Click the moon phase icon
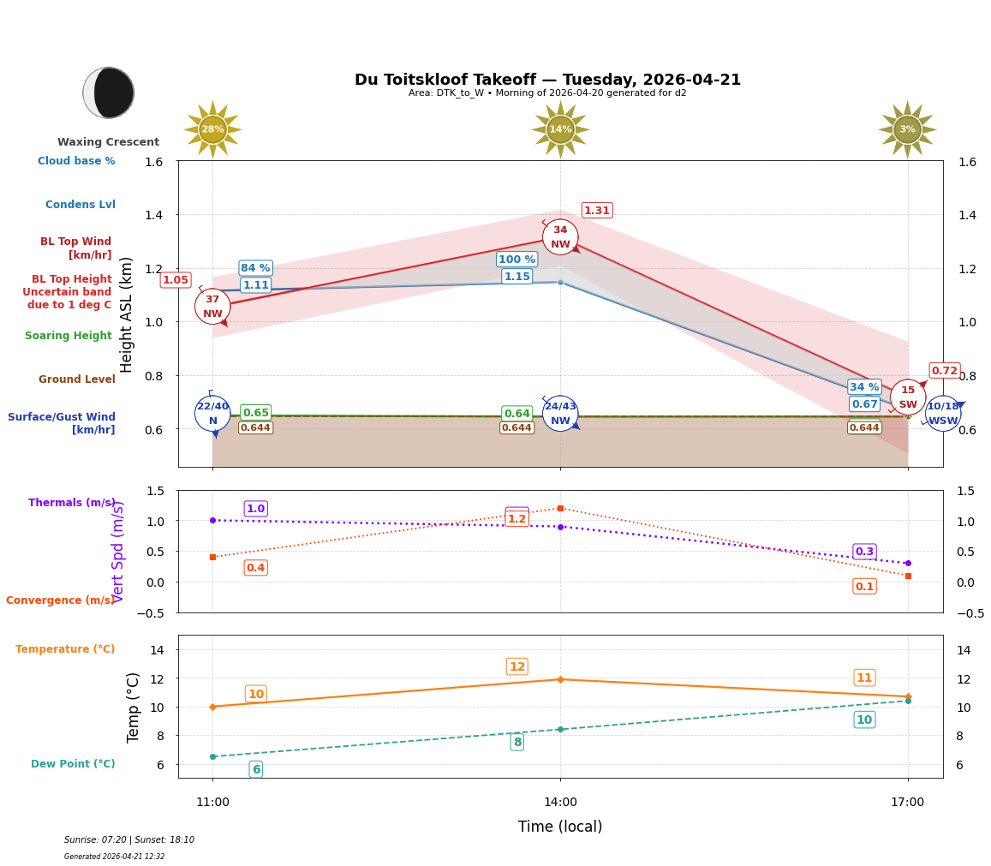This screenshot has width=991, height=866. point(109,93)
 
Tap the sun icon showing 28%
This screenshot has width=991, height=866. point(212,129)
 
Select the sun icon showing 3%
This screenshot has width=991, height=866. point(907,129)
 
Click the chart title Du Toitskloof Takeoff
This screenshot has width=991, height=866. point(547,80)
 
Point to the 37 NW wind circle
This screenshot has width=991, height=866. point(212,306)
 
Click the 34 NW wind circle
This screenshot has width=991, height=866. point(560,237)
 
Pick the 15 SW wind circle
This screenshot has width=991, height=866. point(907,397)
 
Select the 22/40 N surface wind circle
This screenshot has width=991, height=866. point(212,413)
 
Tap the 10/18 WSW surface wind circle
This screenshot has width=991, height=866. point(942,413)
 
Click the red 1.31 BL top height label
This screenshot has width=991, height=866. point(596,211)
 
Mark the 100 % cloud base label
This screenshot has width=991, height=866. point(516,260)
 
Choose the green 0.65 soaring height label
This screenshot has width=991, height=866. point(255,413)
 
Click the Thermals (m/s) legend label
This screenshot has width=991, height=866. point(72,503)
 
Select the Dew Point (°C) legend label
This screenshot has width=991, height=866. point(73,764)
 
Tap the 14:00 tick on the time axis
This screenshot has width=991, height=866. point(560,802)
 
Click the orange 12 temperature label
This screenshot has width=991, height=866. point(516,666)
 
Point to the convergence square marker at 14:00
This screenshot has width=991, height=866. point(560,508)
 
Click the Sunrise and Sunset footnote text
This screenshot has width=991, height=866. point(129,840)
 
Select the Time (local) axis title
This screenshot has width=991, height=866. point(560,827)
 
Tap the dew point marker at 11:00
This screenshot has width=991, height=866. point(212,756)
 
